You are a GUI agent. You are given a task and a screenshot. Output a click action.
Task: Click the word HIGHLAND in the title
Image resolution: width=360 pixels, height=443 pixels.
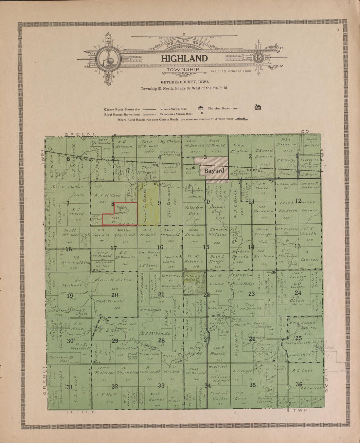click(184, 59)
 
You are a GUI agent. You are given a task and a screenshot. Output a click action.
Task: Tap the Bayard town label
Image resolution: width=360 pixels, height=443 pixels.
click(214, 171)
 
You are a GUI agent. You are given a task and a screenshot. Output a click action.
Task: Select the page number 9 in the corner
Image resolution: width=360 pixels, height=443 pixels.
click(337, 30)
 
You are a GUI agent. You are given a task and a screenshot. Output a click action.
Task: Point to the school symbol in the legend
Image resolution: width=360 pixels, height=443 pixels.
click(200, 108)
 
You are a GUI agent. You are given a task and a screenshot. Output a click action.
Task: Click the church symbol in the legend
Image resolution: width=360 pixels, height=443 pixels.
click(258, 107)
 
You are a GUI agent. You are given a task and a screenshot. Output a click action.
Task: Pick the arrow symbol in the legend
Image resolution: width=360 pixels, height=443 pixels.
click(241, 119)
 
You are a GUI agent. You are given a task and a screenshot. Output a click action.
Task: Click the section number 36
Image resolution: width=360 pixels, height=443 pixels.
click(299, 384)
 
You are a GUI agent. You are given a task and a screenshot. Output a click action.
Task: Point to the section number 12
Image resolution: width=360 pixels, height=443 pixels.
click(298, 200)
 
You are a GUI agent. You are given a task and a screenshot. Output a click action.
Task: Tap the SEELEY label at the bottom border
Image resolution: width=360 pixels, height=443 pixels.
click(80, 412)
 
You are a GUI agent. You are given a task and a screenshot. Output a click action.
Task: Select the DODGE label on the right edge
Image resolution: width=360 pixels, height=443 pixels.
click(327, 380)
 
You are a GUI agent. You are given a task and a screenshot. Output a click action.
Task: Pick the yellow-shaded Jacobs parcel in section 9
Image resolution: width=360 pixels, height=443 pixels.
click(149, 203)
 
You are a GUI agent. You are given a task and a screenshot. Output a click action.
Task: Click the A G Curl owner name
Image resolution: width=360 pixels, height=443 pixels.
click(302, 371)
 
